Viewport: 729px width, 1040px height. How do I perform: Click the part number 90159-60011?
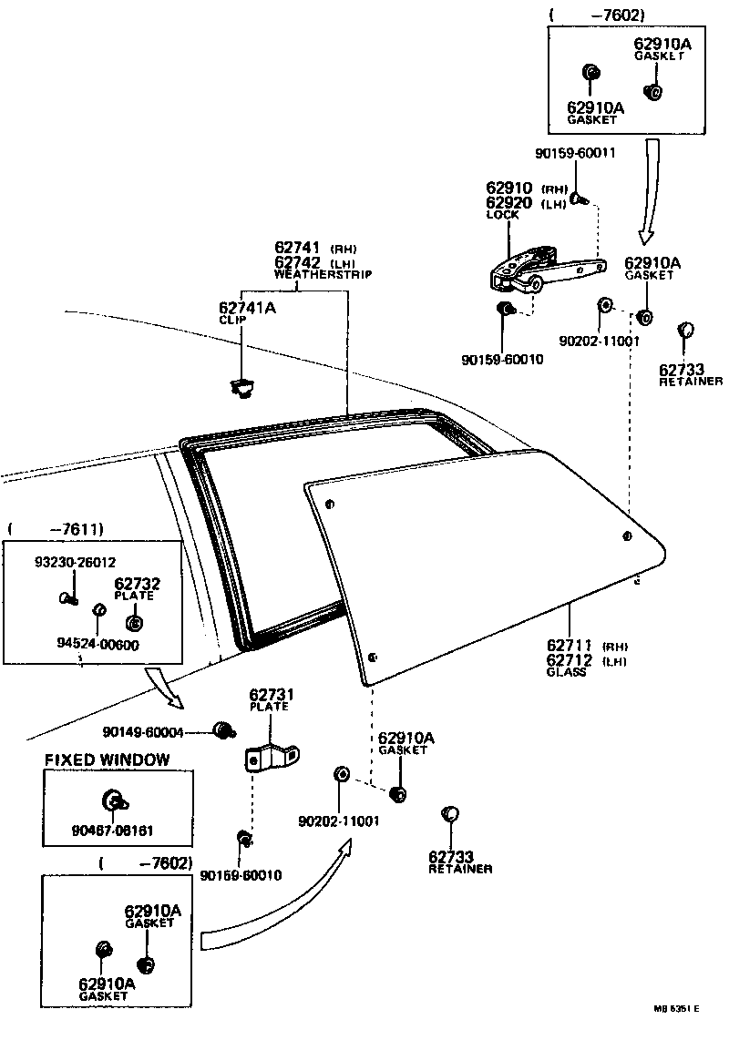[575, 153]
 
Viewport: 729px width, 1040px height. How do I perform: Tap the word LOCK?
[502, 215]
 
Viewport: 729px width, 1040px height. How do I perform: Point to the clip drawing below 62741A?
[241, 387]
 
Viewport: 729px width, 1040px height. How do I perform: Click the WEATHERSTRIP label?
[323, 273]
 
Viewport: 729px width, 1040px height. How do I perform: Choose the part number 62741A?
[247, 308]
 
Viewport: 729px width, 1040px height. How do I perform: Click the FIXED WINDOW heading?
[108, 759]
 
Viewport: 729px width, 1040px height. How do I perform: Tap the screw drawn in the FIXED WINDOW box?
[116, 801]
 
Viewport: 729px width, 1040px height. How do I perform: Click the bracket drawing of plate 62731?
[272, 755]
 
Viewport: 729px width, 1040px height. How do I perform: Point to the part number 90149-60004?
[144, 730]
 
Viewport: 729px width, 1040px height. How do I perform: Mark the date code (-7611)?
[56, 528]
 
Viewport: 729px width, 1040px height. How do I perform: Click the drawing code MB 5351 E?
[675, 1008]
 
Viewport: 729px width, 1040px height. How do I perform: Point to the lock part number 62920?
[511, 202]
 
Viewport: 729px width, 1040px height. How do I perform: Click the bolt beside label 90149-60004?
[221, 729]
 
